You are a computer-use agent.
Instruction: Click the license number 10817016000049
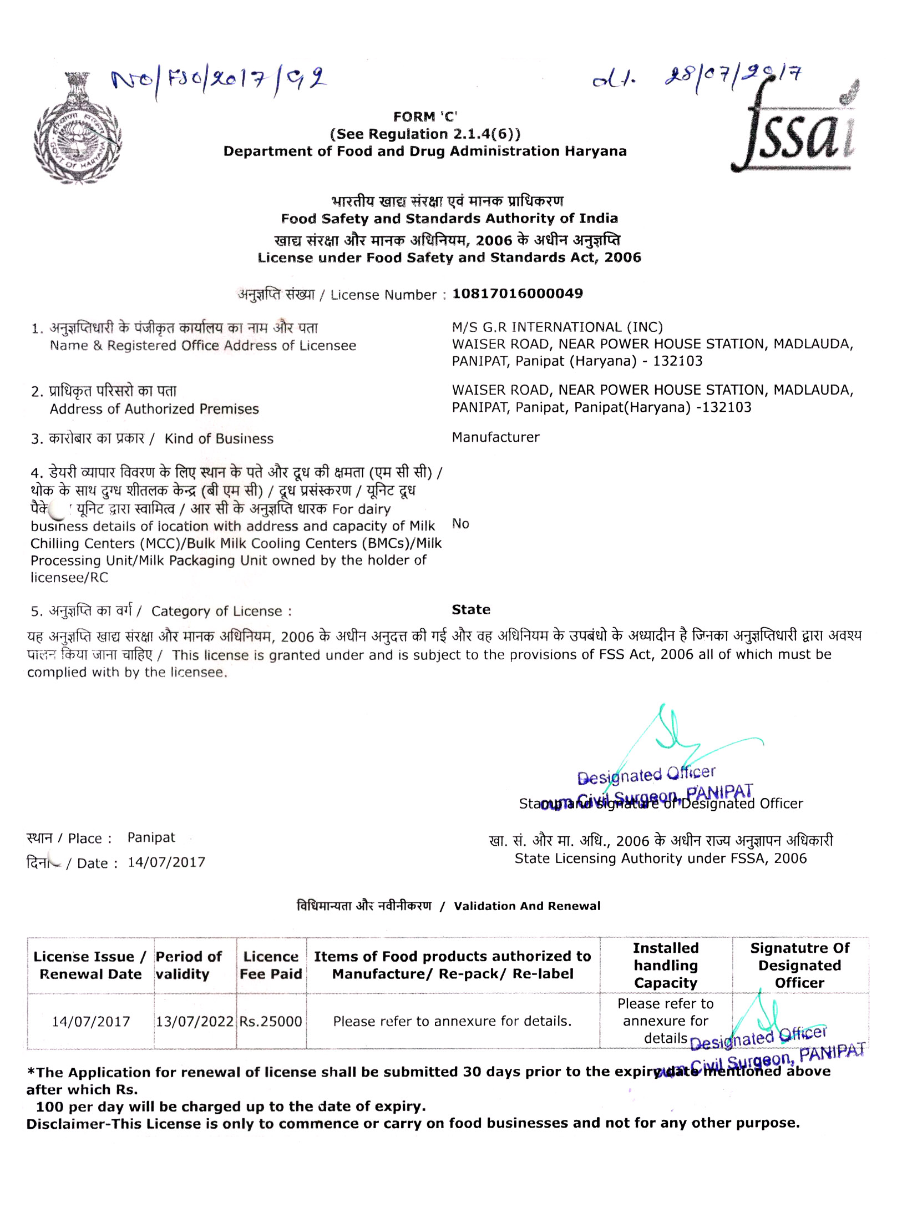click(x=517, y=294)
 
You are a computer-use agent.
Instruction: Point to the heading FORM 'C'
click(x=425, y=117)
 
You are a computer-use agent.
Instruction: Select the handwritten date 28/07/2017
click(x=732, y=80)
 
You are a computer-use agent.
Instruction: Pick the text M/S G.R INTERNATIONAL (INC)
click(x=557, y=327)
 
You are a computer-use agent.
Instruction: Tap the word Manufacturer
click(x=495, y=437)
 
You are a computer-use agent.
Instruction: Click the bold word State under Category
click(x=470, y=609)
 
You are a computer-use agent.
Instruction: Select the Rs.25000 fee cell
click(x=271, y=1021)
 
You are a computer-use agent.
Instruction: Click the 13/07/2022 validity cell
click(x=194, y=1021)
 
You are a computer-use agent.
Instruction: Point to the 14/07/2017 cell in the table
click(x=91, y=1021)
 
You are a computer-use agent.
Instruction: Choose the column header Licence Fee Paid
click(x=271, y=965)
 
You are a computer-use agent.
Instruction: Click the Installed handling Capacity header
click(x=665, y=965)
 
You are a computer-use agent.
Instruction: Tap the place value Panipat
click(x=151, y=837)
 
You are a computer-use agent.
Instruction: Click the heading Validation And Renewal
click(x=526, y=906)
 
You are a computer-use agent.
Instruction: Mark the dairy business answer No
click(x=460, y=524)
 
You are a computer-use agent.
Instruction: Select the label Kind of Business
click(x=219, y=438)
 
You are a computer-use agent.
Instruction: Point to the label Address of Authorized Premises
click(x=154, y=409)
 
